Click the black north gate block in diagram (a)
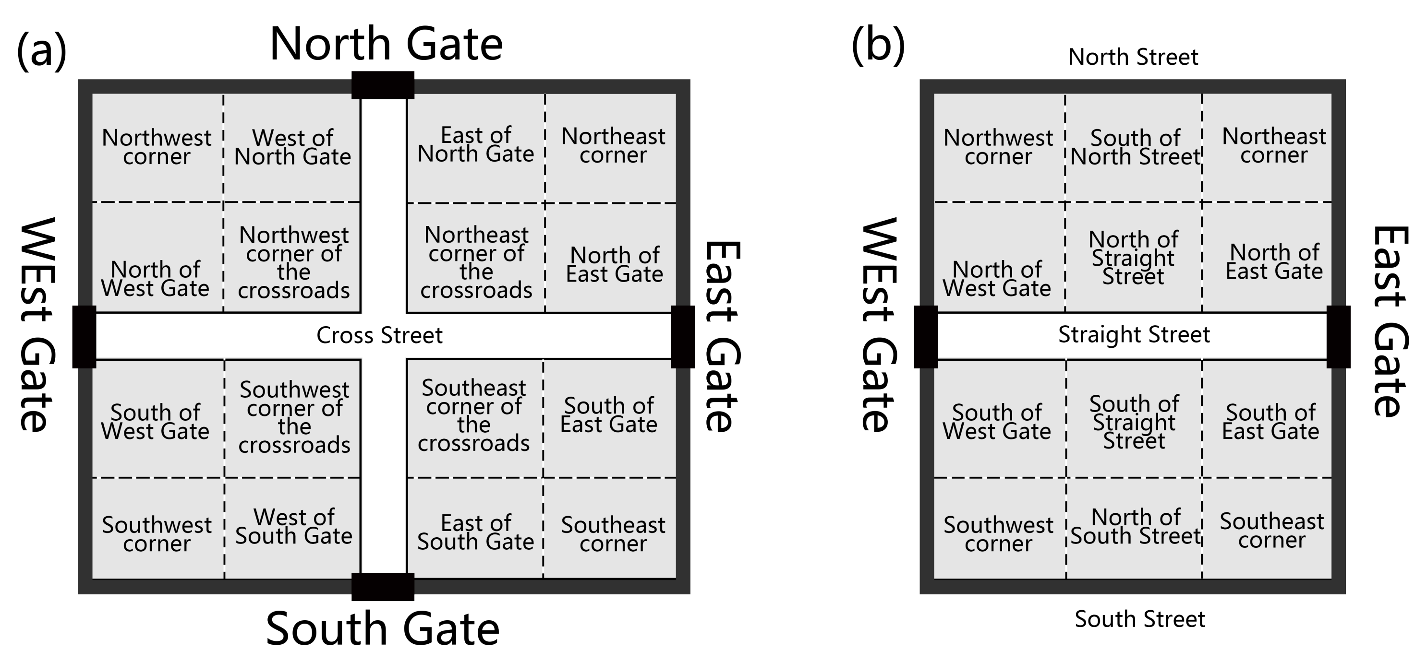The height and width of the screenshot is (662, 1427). coord(383,85)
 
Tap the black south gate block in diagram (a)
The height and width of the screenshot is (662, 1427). coord(383,587)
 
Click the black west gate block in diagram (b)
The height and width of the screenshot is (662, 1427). coord(926,337)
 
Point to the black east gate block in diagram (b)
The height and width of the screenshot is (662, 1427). coord(1338,337)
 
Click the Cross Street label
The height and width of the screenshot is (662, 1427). coord(379,335)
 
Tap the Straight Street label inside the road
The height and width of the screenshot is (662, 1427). coord(1134,335)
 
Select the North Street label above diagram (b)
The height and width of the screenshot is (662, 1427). coord(1133,57)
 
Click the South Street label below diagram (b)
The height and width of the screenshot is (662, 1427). coord(1139,619)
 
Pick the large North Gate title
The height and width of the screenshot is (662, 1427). coord(386,44)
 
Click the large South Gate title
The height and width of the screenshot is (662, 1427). coord(383,629)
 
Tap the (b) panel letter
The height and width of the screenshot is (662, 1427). coord(878,46)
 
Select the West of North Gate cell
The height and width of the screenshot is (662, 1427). coord(292,147)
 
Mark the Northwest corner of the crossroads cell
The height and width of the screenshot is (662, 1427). coord(293,262)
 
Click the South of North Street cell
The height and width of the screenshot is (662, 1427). coord(1135,147)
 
